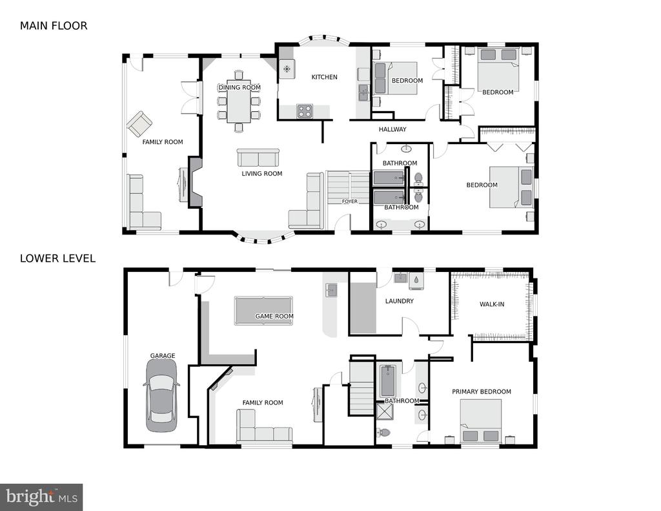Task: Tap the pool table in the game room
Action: click(x=263, y=311)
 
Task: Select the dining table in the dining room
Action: click(x=239, y=101)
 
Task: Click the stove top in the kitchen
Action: click(x=305, y=111)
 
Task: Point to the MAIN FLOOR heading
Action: click(x=54, y=26)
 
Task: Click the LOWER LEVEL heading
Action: click(x=57, y=258)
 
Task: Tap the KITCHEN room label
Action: click(x=324, y=77)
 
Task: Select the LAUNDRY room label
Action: click(x=399, y=301)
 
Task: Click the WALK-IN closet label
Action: click(x=492, y=304)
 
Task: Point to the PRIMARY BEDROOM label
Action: click(x=482, y=391)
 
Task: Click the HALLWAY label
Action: click(x=392, y=129)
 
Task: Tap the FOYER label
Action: click(x=349, y=202)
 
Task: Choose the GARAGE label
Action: click(x=163, y=356)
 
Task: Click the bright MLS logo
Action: click(x=41, y=497)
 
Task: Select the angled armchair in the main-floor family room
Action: click(x=139, y=123)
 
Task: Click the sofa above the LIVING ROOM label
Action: click(x=258, y=158)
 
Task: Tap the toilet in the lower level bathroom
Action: click(x=383, y=433)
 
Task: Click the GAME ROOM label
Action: click(x=274, y=316)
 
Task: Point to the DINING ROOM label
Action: click(x=239, y=87)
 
